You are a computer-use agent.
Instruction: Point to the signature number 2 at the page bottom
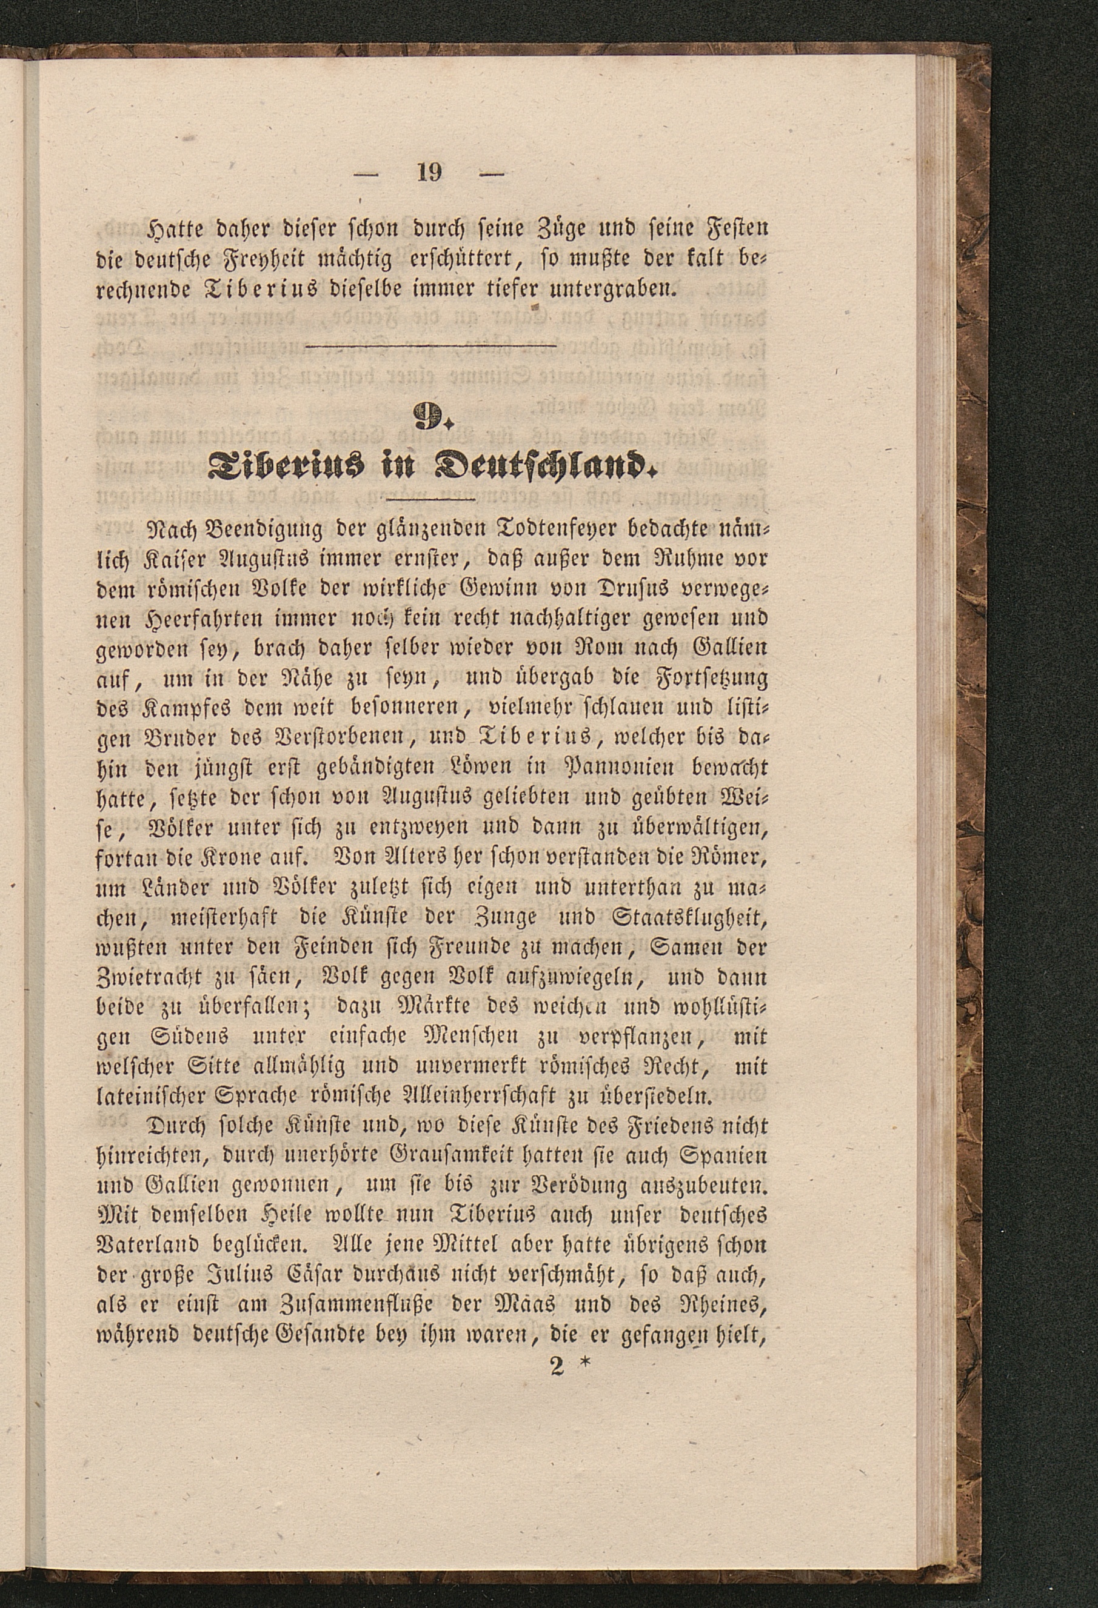[x=557, y=1367]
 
